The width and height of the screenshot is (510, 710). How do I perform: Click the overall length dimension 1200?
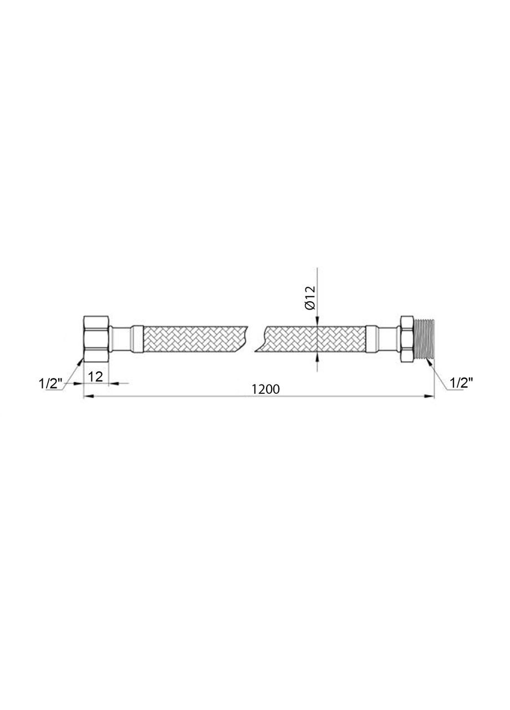tap(266, 389)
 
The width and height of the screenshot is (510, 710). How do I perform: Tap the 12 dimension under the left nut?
tap(95, 377)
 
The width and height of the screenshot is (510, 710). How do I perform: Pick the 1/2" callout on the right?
tap(462, 383)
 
